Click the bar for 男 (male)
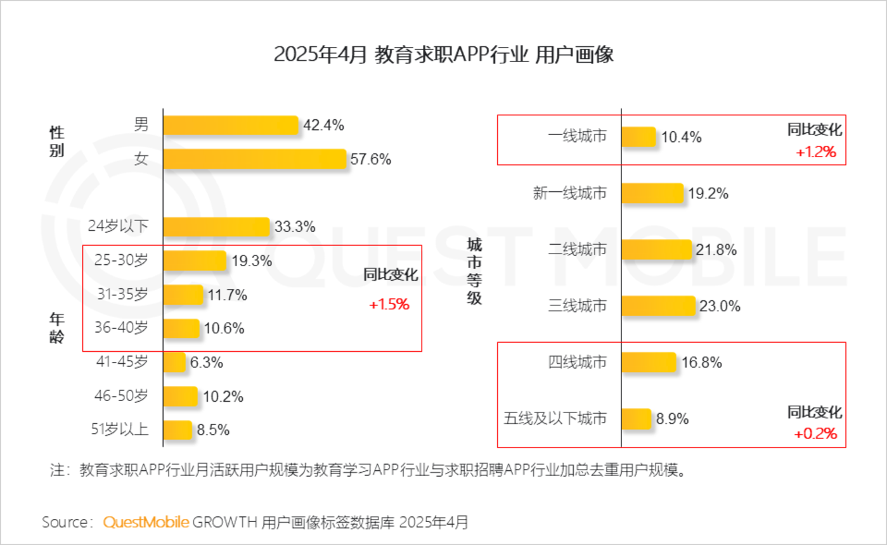pos(230,125)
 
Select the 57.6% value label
pos(370,159)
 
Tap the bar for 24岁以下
pos(216,227)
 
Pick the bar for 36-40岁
pos(181,328)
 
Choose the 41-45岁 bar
pos(174,362)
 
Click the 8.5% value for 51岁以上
pos(213,430)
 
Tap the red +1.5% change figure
pos(389,304)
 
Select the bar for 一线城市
pos(638,137)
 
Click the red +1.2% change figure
pos(816,152)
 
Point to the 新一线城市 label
pos(570,193)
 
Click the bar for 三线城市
pos(658,306)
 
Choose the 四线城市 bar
pos(649,362)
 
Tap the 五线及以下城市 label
pos(555,419)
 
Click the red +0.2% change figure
pos(815,434)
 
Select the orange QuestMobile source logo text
pos(146,522)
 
